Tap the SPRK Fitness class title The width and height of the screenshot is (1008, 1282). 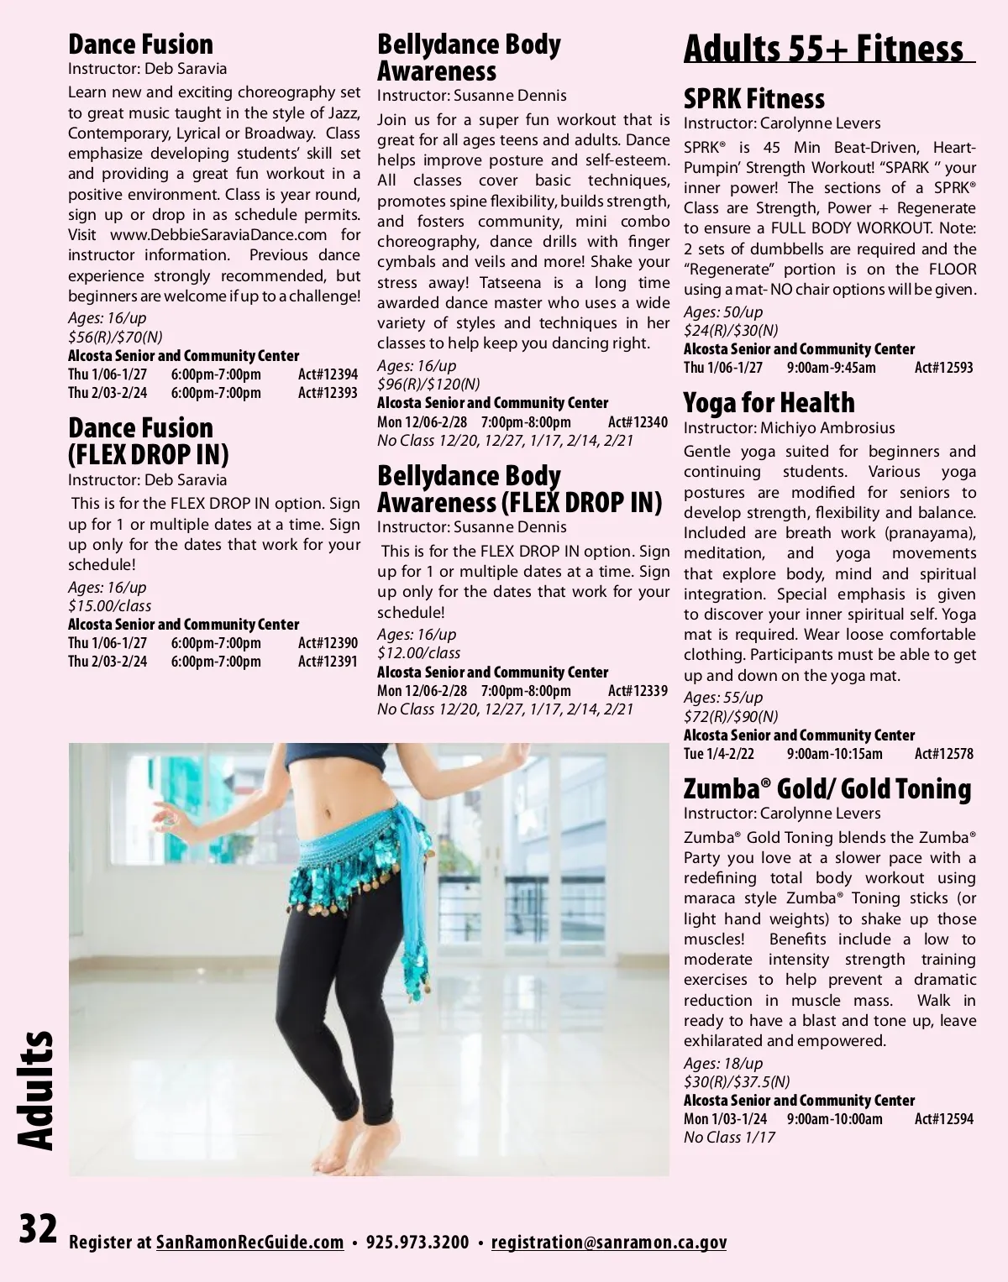point(753,99)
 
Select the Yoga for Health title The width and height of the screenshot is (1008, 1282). point(769,403)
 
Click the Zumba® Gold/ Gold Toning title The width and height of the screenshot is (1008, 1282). point(827,789)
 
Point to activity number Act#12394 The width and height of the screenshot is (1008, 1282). point(328,374)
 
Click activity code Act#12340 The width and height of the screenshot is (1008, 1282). point(638,422)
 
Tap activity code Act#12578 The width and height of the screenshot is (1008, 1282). point(943,754)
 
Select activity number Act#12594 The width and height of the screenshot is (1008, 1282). point(943,1119)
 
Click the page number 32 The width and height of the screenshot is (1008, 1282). point(39,1230)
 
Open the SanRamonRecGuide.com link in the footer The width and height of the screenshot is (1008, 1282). point(249,1243)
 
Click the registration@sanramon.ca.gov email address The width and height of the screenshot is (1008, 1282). point(609,1243)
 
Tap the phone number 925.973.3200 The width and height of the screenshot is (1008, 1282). point(417,1243)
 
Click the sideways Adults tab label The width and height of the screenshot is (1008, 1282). point(35,1090)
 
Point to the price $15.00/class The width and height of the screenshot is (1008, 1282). point(109,606)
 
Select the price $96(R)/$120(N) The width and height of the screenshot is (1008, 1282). point(428,385)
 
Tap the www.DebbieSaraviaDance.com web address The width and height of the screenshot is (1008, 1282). point(218,235)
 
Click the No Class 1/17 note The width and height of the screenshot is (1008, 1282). point(729,1138)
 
